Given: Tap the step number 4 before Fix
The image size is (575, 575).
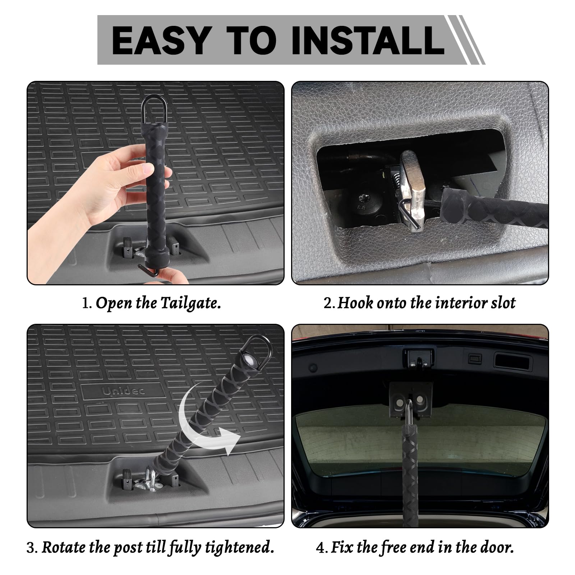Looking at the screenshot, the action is (x=321, y=548).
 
